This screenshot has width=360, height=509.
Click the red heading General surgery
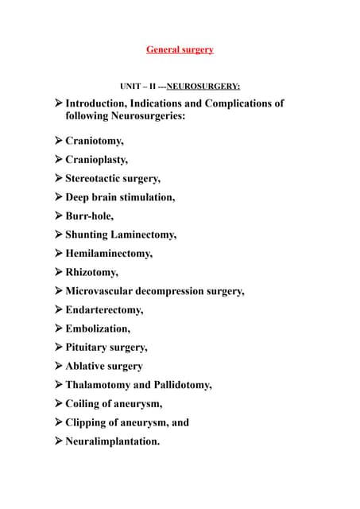coord(180,49)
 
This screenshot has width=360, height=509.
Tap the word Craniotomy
coord(93,142)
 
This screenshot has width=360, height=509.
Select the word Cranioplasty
coord(95,160)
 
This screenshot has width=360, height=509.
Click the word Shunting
coord(88,235)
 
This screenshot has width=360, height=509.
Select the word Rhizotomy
coord(91,272)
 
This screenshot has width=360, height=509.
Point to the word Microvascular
coord(101,291)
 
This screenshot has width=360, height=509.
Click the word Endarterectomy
coord(103,309)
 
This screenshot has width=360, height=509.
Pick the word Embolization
coord(97,328)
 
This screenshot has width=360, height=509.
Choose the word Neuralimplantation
coord(112,441)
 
